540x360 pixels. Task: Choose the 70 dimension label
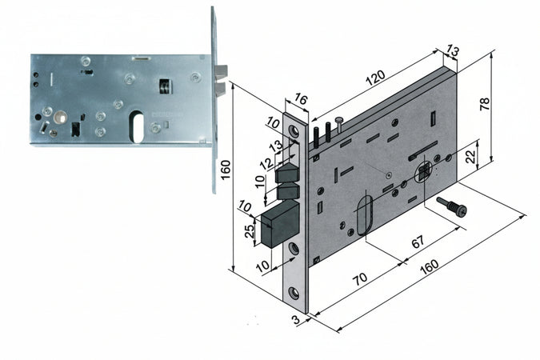[x=359, y=280]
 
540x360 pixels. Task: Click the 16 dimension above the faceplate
[x=300, y=99]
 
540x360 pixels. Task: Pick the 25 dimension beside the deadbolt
[x=249, y=232]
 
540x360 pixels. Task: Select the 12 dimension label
[x=266, y=164]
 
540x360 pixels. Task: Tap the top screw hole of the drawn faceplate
[x=294, y=130]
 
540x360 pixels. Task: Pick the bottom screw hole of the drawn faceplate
[x=296, y=250]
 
